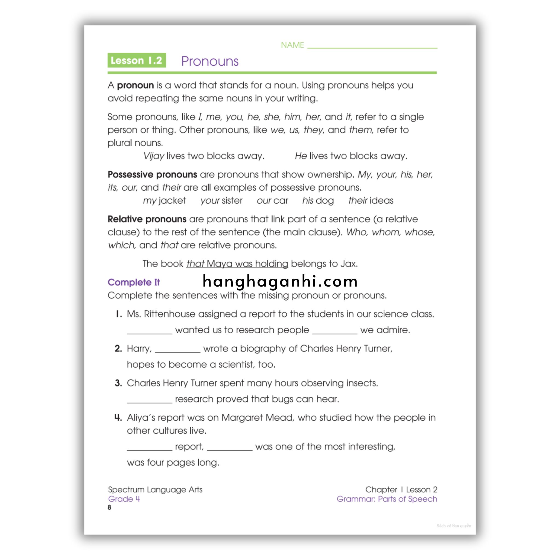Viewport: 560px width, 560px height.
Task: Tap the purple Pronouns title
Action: (x=209, y=61)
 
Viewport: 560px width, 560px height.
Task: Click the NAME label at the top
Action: (x=292, y=45)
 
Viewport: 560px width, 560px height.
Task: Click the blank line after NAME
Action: (x=372, y=46)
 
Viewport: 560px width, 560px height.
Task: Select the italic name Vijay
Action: (x=154, y=156)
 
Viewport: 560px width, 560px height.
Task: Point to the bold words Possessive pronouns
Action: (x=152, y=174)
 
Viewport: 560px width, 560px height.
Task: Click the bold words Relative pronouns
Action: (x=147, y=219)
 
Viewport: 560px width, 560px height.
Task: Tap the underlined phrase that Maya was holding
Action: (x=237, y=264)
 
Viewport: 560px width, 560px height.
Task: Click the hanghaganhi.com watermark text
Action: (x=280, y=281)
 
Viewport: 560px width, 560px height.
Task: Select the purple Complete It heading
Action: (x=134, y=282)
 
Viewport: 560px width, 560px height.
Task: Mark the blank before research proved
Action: (x=150, y=401)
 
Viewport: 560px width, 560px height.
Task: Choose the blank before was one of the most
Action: (x=230, y=448)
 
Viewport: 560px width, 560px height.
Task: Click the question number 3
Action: (x=118, y=383)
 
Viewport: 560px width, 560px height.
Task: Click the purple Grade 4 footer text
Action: (x=124, y=499)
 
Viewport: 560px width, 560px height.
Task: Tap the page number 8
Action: (x=110, y=507)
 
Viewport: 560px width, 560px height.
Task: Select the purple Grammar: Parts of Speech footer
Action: (x=387, y=499)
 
